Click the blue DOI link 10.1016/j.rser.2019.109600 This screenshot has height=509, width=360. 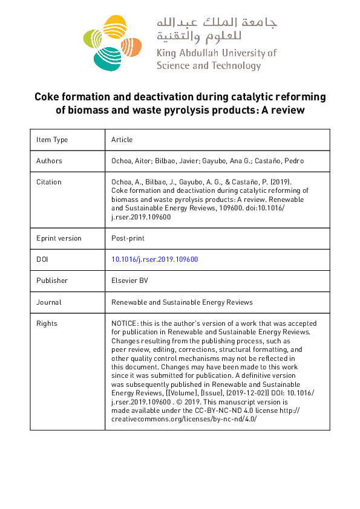click(155, 259)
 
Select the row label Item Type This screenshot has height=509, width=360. click(52, 140)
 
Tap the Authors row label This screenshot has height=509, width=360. click(49, 161)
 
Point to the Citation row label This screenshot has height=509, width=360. click(48, 182)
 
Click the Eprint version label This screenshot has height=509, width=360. click(59, 238)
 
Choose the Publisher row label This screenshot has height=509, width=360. click(52, 280)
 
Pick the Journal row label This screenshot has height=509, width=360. click(48, 302)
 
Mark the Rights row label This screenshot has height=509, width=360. click(47, 323)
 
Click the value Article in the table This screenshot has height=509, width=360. click(122, 140)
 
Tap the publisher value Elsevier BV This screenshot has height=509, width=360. click(129, 280)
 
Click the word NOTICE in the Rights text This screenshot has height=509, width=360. click(125, 323)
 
